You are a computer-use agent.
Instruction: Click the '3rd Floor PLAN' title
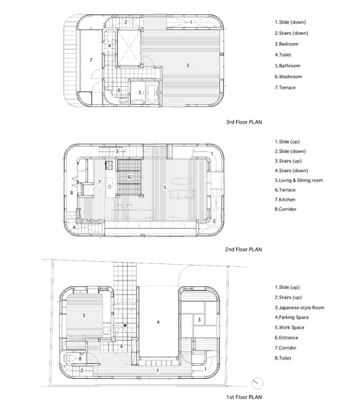pos(244,122)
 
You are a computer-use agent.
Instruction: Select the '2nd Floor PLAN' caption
pos(244,250)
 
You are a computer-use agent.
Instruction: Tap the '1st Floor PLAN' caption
pos(244,397)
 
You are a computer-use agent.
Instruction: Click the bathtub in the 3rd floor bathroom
pos(151,93)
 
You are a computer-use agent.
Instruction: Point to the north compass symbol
pos(257,383)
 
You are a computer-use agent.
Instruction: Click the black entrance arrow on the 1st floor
pos(125,326)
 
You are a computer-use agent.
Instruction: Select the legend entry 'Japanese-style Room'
pos(300,308)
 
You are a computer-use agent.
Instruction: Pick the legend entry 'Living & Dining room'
pos(299,180)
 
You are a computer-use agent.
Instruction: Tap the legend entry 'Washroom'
pos(288,77)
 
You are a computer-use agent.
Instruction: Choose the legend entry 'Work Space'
pos(289,327)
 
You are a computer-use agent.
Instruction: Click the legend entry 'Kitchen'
pos(285,199)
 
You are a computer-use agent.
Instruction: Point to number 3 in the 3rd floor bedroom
pos(188,65)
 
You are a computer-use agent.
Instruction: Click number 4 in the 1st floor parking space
pos(158,322)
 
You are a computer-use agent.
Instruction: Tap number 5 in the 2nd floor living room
pos(164,187)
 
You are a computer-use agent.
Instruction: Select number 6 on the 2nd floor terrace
pos(129,177)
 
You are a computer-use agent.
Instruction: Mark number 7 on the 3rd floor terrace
pos(91,60)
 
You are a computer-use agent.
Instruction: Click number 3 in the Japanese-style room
pos(199,319)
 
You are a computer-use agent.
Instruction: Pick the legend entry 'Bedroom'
pos(286,44)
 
